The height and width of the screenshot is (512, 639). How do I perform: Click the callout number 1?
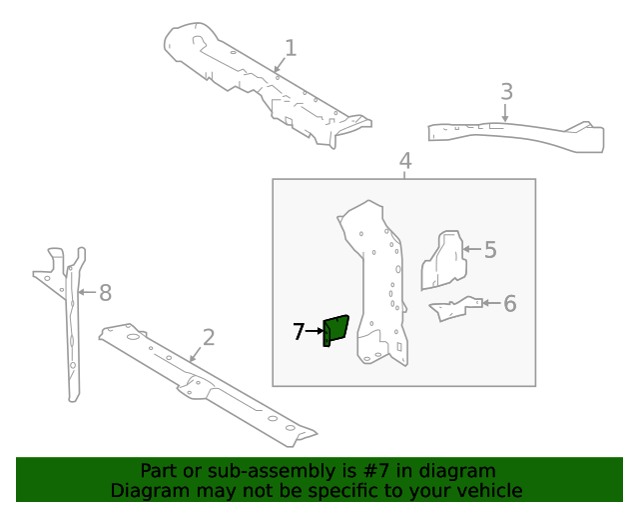click(x=291, y=48)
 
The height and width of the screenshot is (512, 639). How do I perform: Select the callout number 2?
click(x=209, y=337)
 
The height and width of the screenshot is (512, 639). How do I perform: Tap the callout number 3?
click(x=506, y=92)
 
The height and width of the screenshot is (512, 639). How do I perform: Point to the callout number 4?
click(x=405, y=161)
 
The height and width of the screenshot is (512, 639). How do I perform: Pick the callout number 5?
click(x=490, y=249)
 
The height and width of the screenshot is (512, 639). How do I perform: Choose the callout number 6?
click(x=510, y=303)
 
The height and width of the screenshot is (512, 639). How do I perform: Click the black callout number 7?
click(x=299, y=331)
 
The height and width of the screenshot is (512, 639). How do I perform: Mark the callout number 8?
click(x=105, y=293)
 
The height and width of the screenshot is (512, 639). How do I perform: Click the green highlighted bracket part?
click(x=335, y=329)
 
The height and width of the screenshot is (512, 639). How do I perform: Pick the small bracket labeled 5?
click(x=443, y=260)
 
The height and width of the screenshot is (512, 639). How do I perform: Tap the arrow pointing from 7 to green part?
click(x=315, y=331)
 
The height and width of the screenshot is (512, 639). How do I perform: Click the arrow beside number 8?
click(x=86, y=293)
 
